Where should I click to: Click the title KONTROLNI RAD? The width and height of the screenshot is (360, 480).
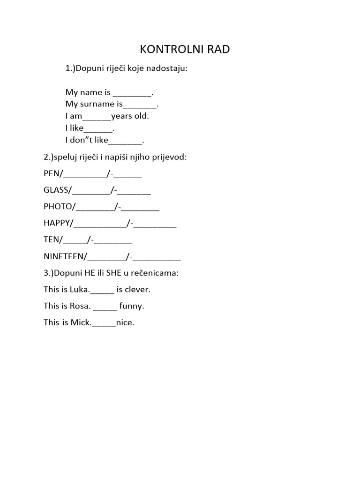(185, 49)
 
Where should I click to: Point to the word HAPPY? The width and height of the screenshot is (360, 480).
(56, 223)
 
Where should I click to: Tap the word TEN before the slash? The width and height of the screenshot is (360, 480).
(51, 240)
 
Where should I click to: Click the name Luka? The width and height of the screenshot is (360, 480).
(79, 289)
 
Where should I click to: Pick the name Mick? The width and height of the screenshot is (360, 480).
(81, 322)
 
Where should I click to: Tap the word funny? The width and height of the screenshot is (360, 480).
(131, 307)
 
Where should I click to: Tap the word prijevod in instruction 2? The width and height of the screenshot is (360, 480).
(170, 157)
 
